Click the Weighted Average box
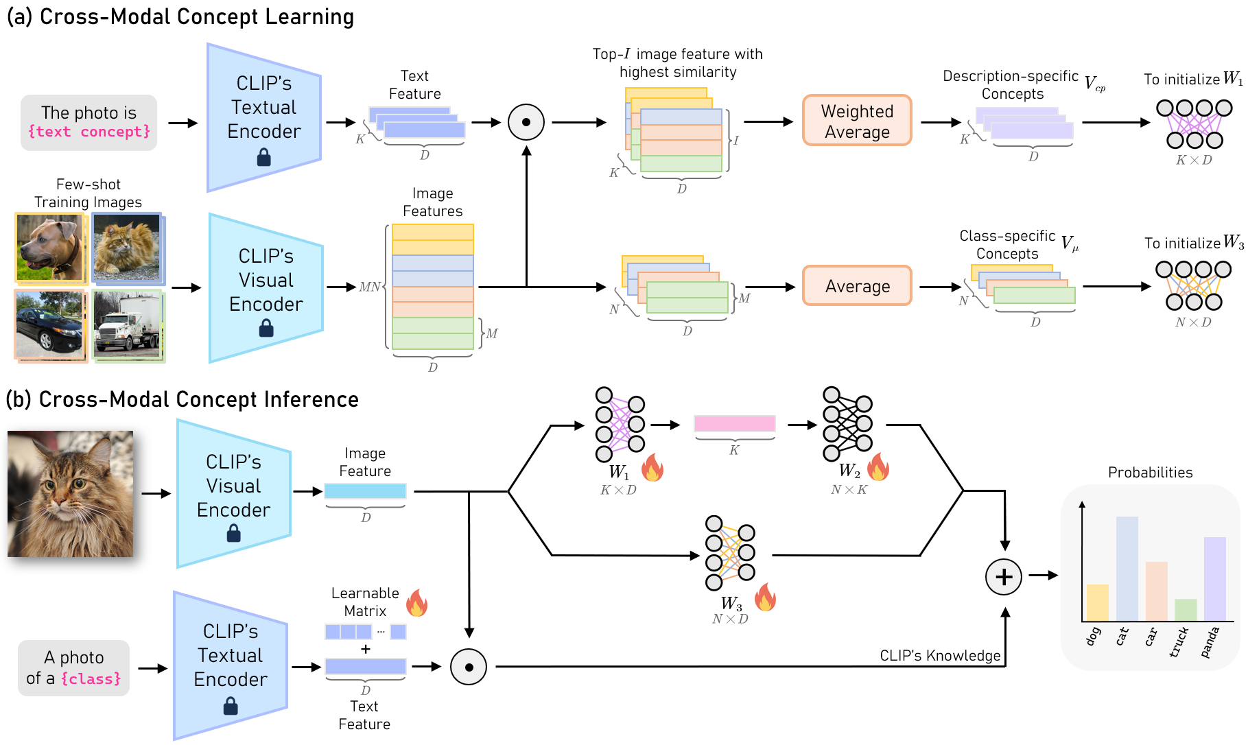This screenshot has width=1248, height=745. [857, 121]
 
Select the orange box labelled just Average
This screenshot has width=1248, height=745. [857, 286]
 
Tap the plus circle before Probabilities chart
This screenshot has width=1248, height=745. [1003, 577]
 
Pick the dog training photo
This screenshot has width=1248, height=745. [49, 248]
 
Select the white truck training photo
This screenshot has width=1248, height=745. [128, 326]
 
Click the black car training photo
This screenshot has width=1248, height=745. [49, 324]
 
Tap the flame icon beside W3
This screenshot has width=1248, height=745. [765, 598]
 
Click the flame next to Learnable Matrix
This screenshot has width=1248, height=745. [416, 603]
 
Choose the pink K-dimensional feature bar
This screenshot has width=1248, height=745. [734, 423]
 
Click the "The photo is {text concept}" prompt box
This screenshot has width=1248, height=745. [89, 122]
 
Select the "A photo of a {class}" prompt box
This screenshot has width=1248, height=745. [73, 667]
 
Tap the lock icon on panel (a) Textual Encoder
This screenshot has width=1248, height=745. [264, 158]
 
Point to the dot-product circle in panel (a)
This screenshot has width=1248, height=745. [526, 122]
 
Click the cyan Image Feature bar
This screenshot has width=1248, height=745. [365, 491]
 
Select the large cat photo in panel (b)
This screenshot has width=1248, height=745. [70, 493]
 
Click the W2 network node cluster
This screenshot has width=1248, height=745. [847, 423]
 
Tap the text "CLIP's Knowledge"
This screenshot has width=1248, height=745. [939, 656]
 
